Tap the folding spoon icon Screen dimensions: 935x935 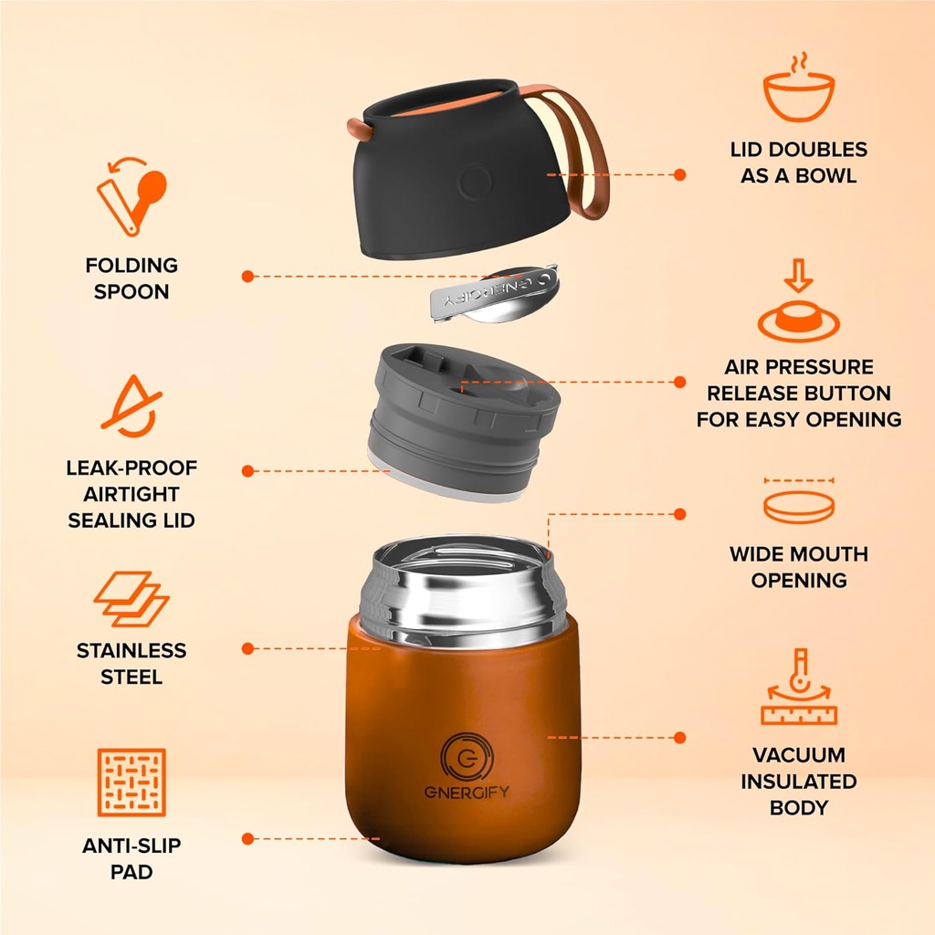(x=132, y=195)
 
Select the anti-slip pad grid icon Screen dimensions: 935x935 (x=132, y=783)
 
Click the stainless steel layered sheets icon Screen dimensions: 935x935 (x=131, y=599)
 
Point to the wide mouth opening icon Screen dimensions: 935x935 (x=798, y=501)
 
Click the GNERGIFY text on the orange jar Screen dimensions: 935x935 (x=467, y=791)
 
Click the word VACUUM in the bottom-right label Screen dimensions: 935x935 (x=798, y=755)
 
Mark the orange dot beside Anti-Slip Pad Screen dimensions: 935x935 (x=247, y=837)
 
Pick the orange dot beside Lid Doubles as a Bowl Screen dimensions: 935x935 (x=678, y=173)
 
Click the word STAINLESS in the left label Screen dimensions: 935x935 (x=131, y=651)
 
